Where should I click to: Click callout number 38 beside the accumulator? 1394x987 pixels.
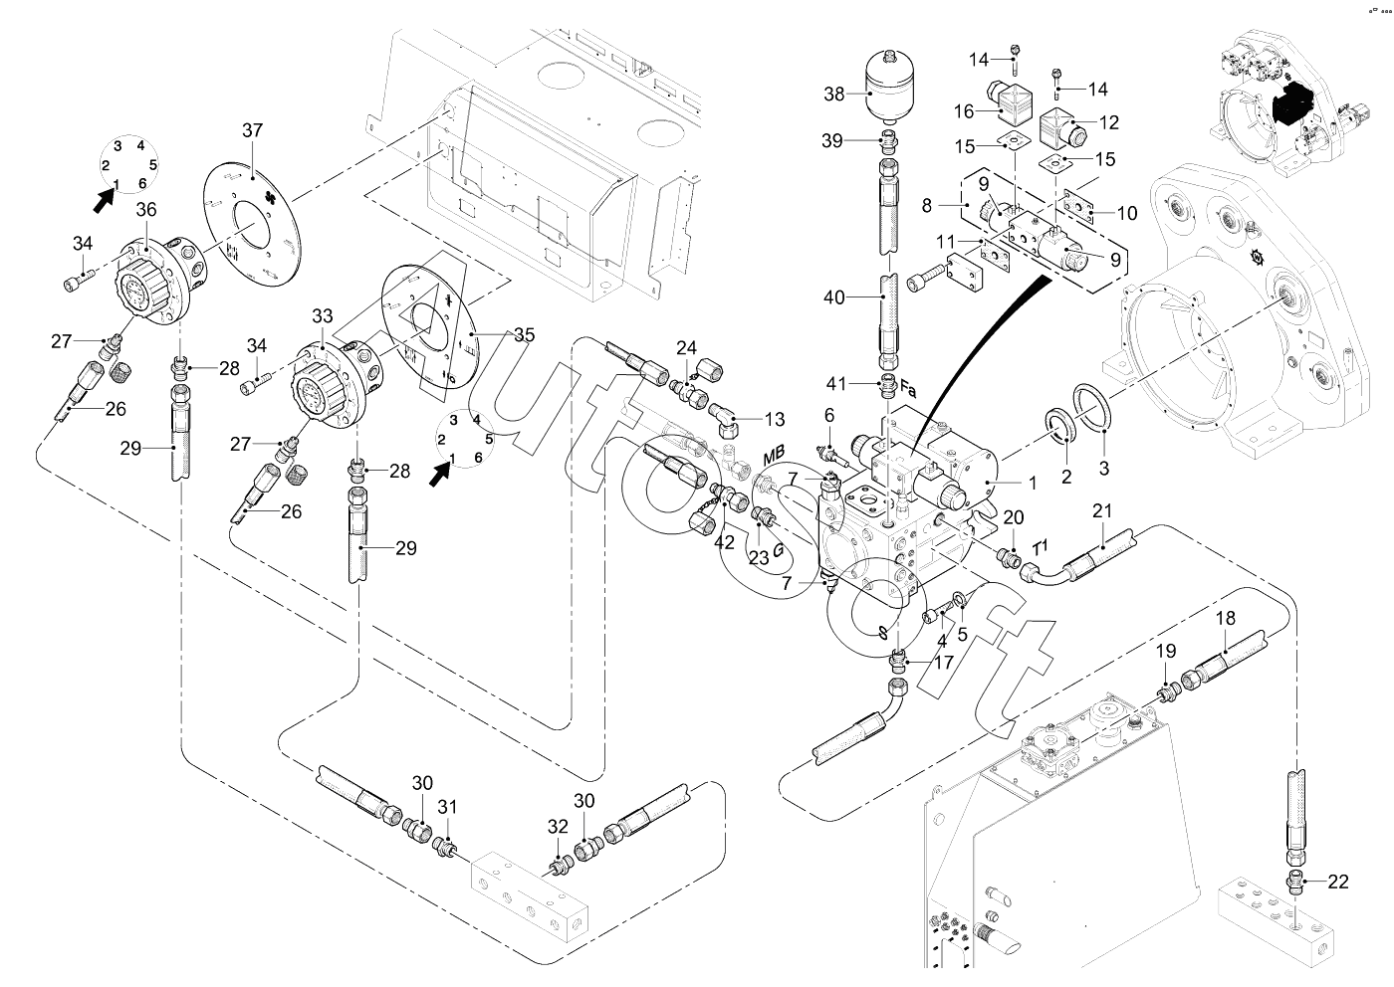click(x=834, y=94)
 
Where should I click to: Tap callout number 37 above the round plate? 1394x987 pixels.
click(x=252, y=130)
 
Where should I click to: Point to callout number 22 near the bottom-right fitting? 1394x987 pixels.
click(x=1338, y=882)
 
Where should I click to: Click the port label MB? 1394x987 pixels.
click(x=775, y=454)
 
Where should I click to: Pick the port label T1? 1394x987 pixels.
click(x=1041, y=547)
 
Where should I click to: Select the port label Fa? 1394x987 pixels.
click(x=908, y=391)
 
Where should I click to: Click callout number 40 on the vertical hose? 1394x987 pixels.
click(x=834, y=297)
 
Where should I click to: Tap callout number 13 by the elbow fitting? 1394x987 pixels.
click(x=775, y=419)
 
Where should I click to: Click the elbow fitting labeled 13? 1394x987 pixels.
click(x=723, y=421)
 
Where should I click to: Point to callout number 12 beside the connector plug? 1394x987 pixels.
click(x=1109, y=122)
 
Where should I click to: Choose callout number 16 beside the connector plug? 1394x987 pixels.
click(x=964, y=111)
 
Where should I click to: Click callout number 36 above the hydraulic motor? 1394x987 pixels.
click(x=146, y=210)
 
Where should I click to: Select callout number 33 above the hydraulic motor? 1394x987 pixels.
click(x=323, y=316)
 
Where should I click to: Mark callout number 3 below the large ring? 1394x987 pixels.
click(x=1104, y=469)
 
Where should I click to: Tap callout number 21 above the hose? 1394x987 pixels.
click(x=1101, y=511)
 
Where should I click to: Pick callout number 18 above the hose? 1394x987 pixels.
click(x=1226, y=618)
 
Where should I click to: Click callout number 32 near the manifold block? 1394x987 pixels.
click(x=558, y=827)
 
